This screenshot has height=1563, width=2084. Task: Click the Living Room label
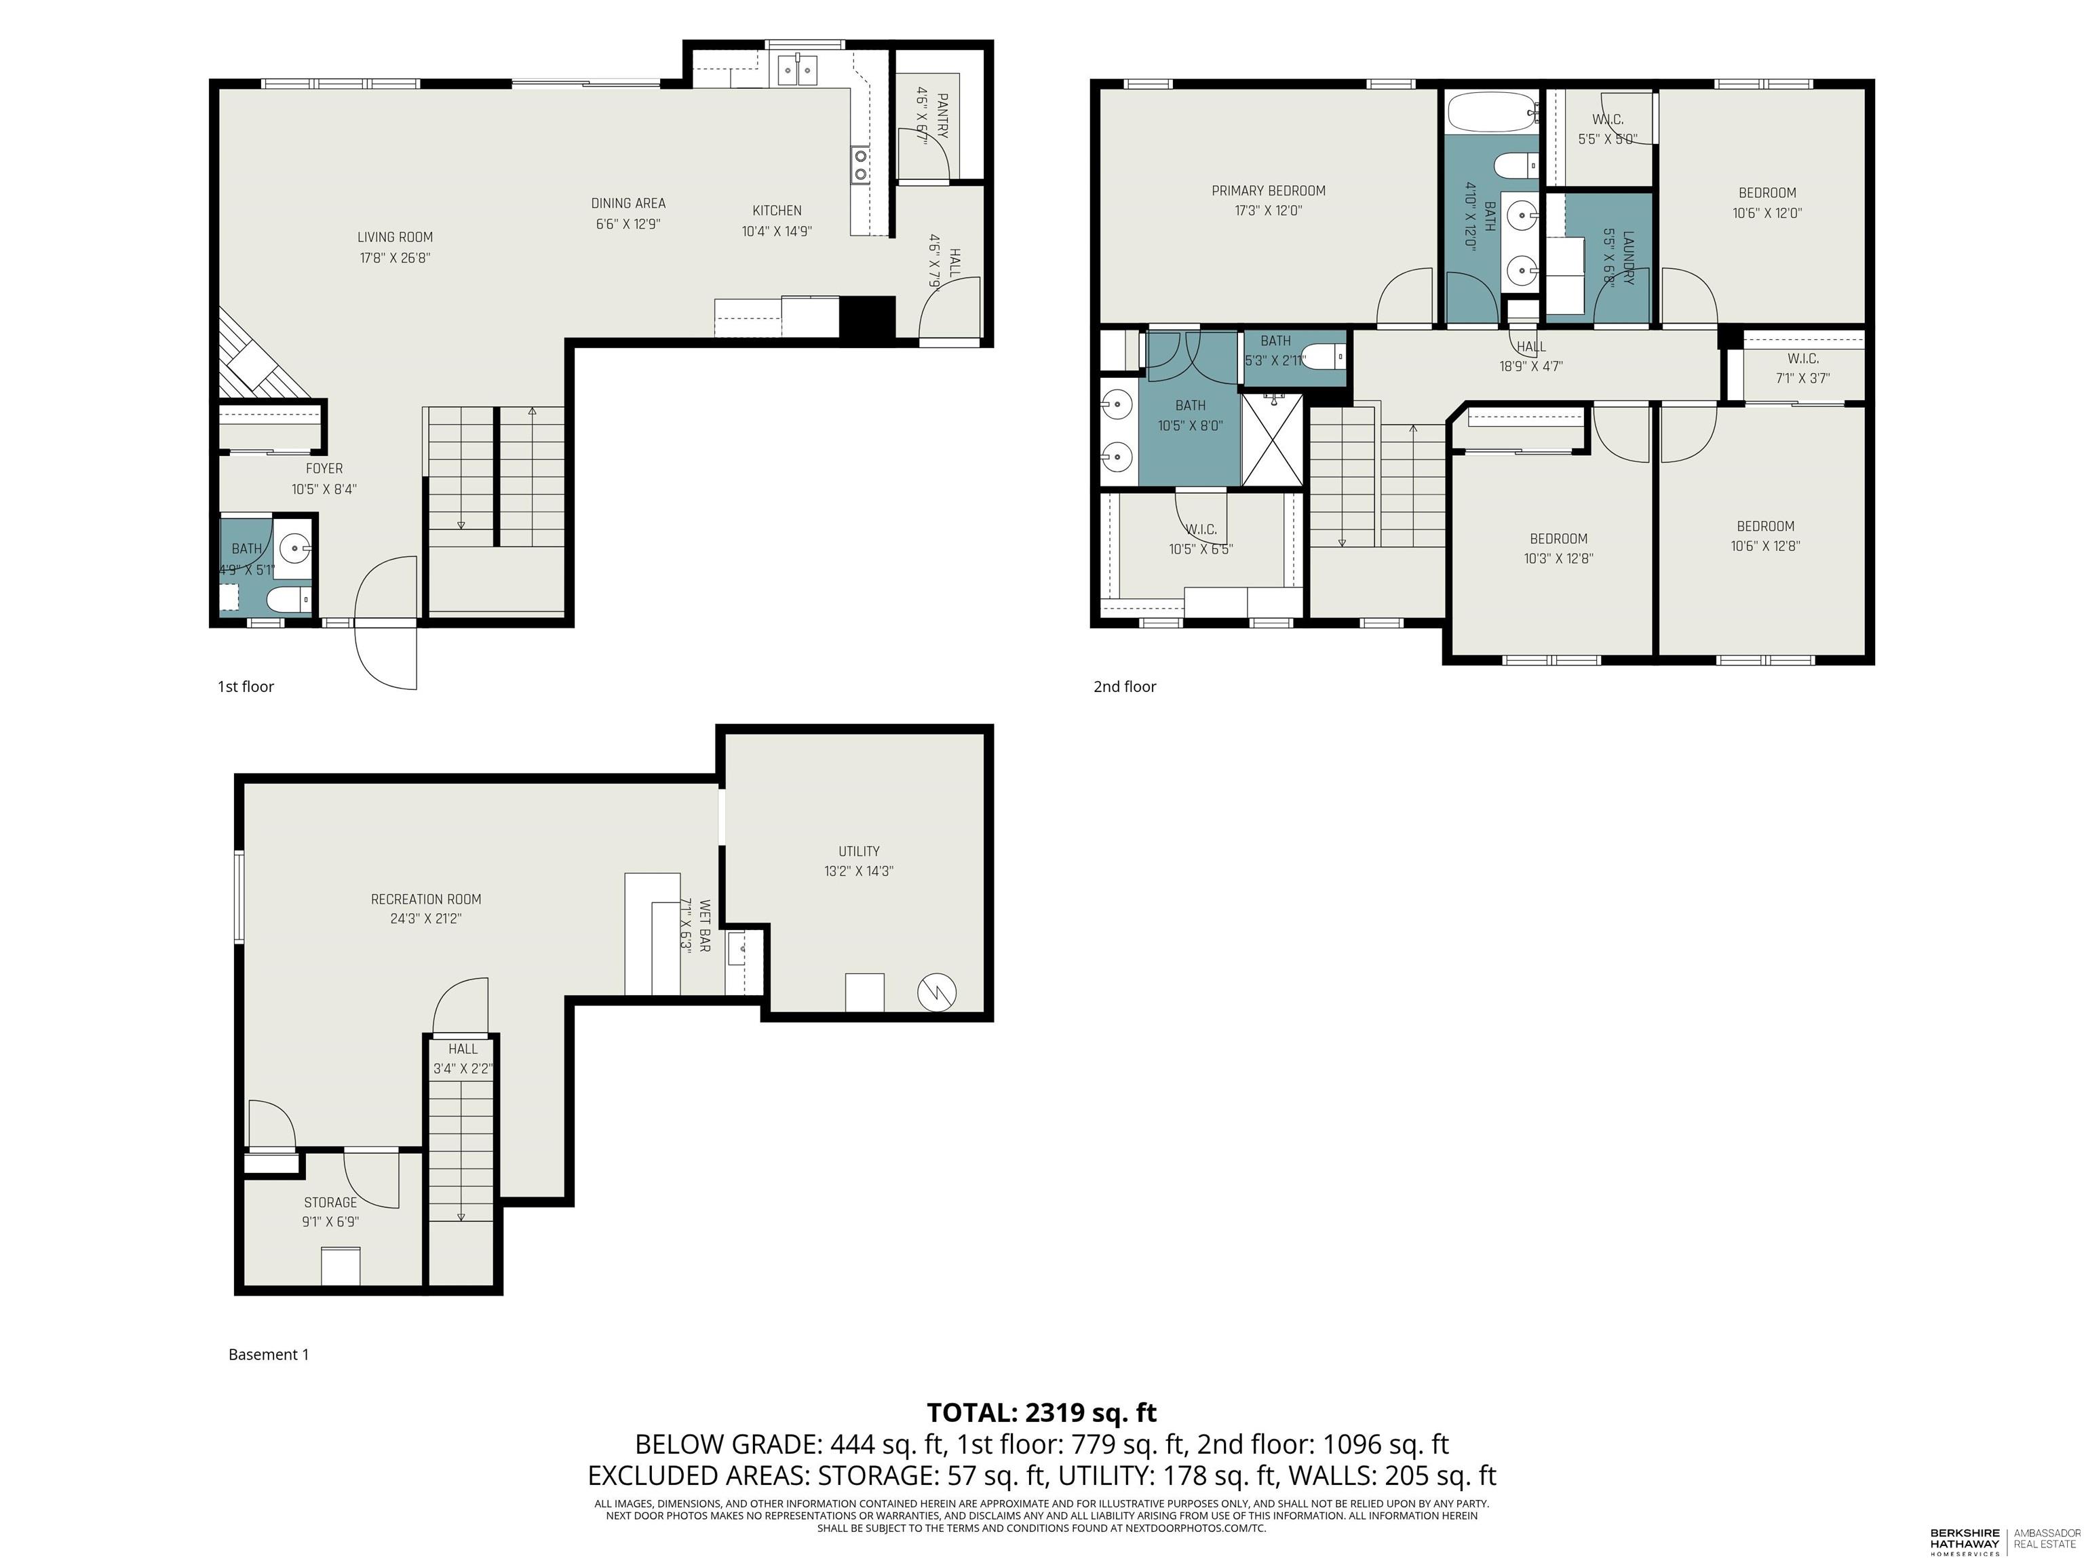tap(395, 237)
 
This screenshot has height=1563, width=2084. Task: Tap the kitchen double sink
tap(797, 70)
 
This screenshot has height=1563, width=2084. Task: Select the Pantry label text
tap(942, 115)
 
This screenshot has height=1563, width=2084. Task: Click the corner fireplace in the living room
tap(260, 355)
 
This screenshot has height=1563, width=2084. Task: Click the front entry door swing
tap(385, 622)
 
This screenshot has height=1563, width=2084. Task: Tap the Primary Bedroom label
tap(1268, 191)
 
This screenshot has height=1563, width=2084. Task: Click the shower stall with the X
tap(1273, 440)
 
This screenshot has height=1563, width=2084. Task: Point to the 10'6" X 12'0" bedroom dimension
tap(1767, 213)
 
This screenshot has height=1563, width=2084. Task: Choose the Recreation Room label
tap(426, 899)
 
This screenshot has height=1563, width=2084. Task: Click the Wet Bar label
tap(703, 925)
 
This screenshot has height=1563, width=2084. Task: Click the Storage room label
tap(330, 1202)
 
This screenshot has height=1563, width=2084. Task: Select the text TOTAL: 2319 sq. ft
tap(1042, 1412)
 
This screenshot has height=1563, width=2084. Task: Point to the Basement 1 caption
tap(269, 1355)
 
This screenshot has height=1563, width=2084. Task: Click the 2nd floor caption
tap(1125, 687)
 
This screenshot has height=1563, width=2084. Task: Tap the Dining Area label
tap(628, 204)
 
